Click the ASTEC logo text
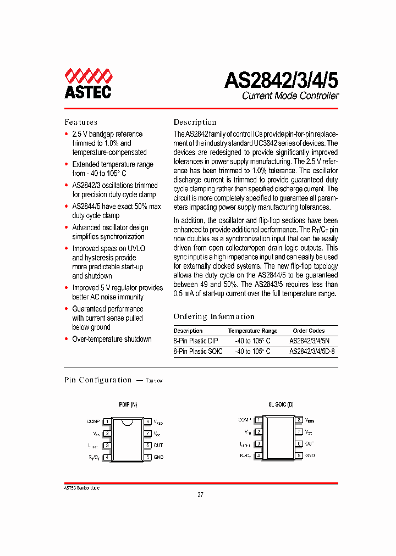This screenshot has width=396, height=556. pos(88,92)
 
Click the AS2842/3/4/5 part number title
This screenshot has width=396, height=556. pos(281,80)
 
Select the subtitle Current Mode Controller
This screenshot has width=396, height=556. pos(290,96)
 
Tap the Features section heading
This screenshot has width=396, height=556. pos(81,122)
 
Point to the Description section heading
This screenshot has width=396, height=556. pos(195,122)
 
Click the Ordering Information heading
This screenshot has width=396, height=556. pos(214,316)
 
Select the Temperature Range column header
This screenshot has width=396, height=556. pos(252,331)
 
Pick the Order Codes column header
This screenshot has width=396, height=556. pos(309,331)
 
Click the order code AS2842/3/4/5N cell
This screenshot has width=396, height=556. pos(313,341)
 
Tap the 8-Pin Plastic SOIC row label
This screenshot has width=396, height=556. pos(198,351)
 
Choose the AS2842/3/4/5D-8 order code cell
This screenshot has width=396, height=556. pos(312,351)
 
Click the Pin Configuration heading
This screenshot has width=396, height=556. pos(98,380)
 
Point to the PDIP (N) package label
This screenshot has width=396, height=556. pos(128,404)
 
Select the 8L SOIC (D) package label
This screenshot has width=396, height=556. pos(281,404)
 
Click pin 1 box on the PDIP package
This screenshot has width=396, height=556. pos(108,421)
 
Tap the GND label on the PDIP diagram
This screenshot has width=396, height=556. pos(158,457)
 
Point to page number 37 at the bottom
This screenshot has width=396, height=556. pos(200,494)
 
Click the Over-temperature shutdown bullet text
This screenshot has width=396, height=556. pos(112,339)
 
